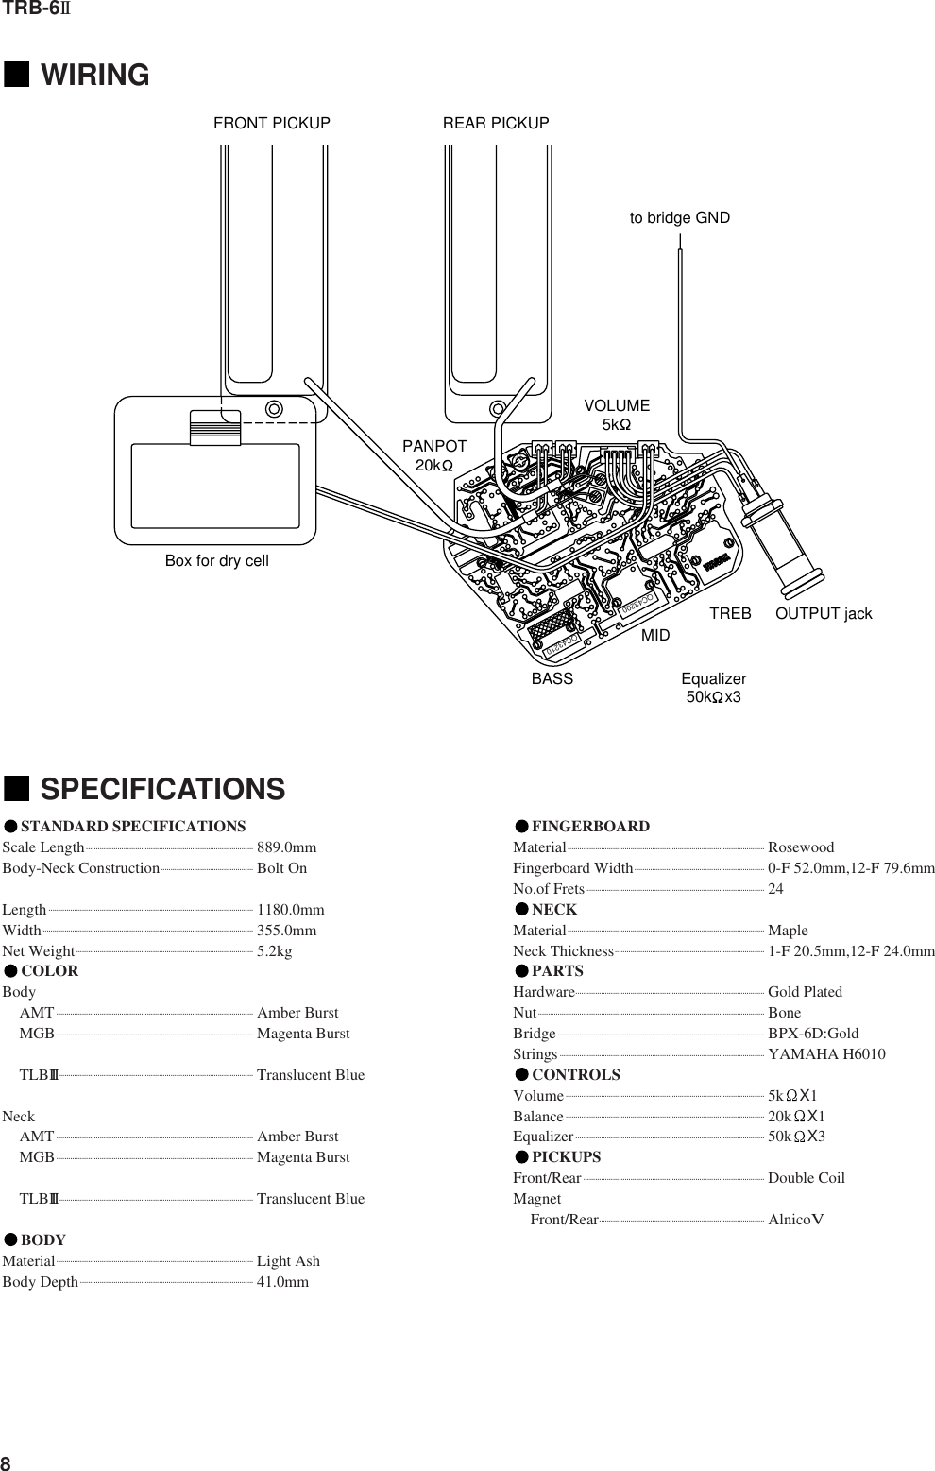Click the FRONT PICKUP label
[272, 124]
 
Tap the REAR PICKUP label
[496, 124]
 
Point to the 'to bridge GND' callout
[680, 218]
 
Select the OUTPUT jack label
[824, 614]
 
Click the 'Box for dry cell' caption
[217, 561]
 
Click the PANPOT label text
[434, 446]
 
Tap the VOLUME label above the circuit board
[617, 406]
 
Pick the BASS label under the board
[552, 679]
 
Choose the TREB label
[730, 614]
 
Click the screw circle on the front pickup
[274, 409]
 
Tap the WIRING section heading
[94, 76]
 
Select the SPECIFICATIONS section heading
[161, 790]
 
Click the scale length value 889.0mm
[287, 847]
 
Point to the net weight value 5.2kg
[275, 951]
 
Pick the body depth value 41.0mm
[282, 1282]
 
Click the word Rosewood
[801, 847]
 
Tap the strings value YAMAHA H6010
[826, 1054]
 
